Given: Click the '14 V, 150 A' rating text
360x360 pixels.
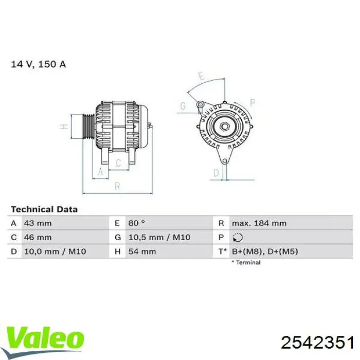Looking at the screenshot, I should tap(39, 65).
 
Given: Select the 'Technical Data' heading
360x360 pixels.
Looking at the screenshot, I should tap(44, 209).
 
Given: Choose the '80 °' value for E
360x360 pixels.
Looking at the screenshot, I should tap(137, 223).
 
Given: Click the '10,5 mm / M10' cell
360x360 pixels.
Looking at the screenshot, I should tap(158, 237).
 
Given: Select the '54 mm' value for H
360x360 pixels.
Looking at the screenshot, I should tap(141, 251).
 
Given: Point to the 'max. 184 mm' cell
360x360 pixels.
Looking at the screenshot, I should tap(259, 223).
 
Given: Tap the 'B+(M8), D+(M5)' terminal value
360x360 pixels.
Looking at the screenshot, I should tap(264, 251).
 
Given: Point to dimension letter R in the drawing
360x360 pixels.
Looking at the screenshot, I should tap(117, 185).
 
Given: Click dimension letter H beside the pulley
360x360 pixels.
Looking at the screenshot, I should tap(63, 127).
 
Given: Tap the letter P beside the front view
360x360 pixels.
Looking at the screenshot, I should tap(253, 101).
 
